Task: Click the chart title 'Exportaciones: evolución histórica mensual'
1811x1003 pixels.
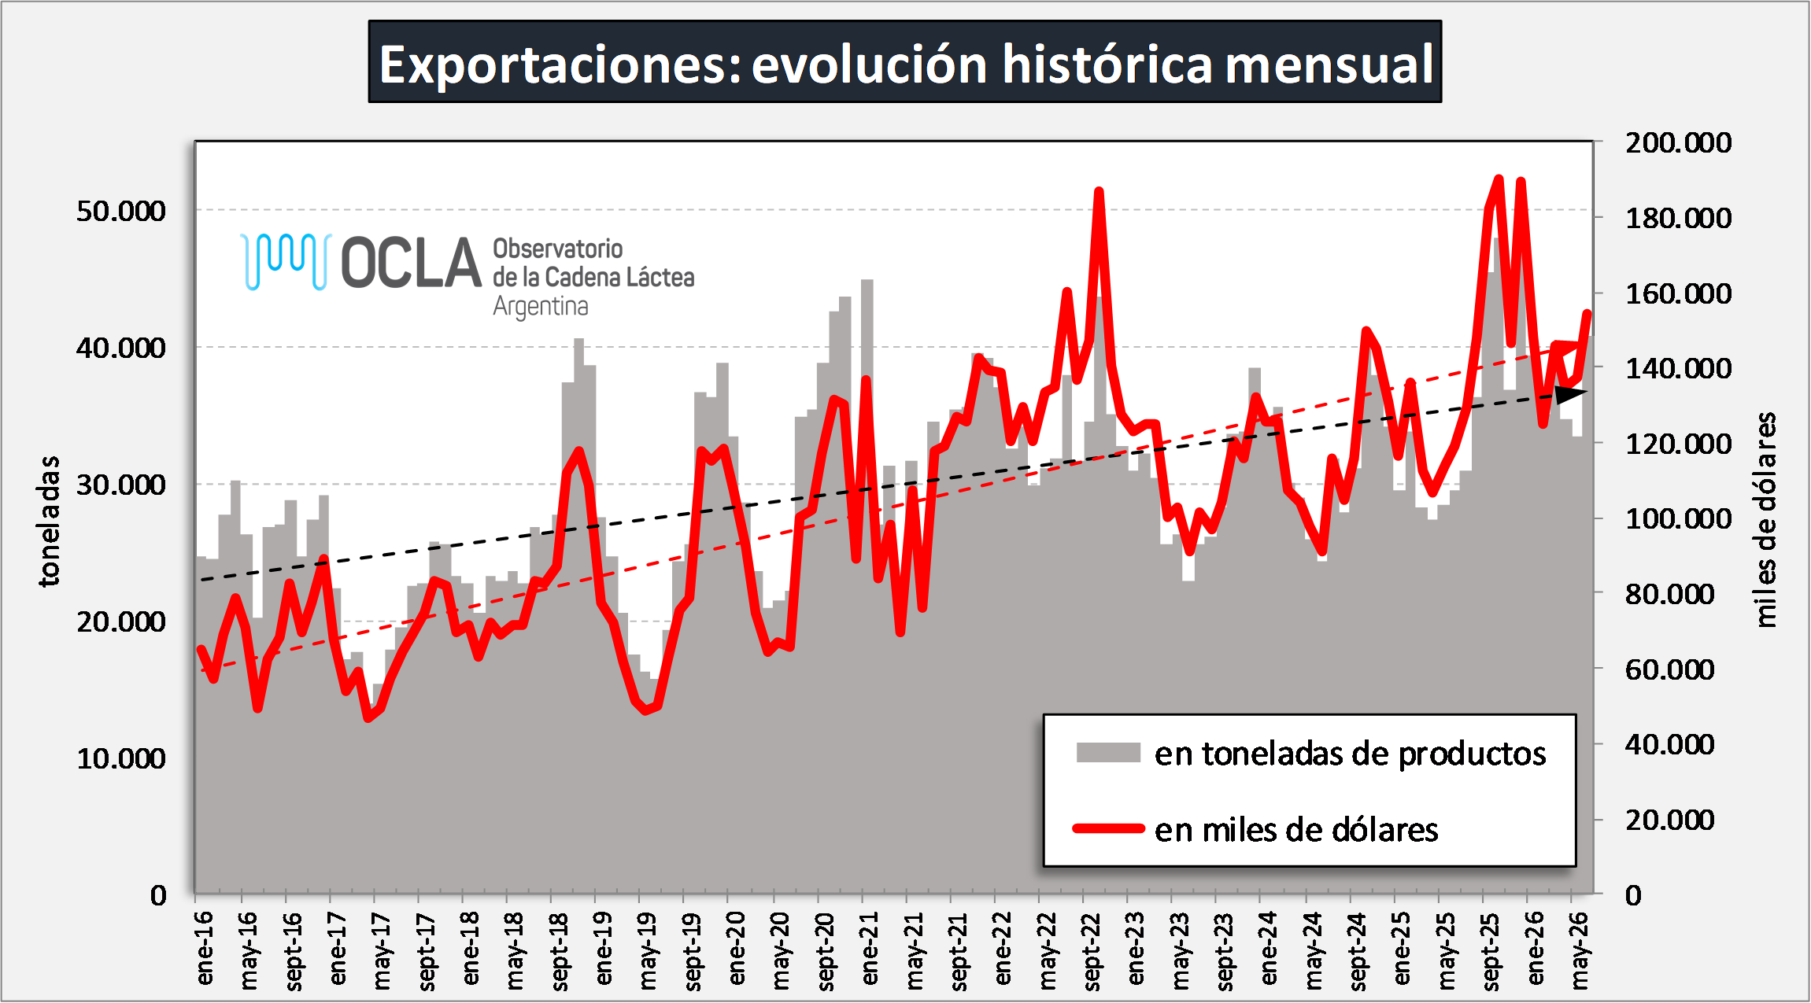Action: pos(905,63)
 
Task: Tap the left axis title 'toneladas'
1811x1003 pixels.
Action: pos(49,521)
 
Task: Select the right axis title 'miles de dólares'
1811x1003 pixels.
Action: pos(1765,519)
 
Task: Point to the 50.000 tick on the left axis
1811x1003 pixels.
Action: pos(121,211)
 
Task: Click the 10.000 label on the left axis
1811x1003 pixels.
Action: pos(121,758)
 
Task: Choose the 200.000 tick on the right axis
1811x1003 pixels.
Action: pos(1679,142)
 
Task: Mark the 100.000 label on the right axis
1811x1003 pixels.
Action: pos(1679,518)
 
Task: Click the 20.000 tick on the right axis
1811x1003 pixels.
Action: pos(1670,820)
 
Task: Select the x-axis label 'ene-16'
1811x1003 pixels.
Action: pos(204,948)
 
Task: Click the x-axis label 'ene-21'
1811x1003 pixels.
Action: pos(869,948)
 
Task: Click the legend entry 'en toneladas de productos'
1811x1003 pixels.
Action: pos(1350,754)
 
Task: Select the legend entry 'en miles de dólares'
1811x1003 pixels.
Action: pos(1296,830)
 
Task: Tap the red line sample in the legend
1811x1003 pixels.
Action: pos(1108,828)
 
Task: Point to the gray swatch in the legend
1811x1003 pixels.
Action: pos(1108,753)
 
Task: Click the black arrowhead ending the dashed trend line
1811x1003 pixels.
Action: pos(1571,394)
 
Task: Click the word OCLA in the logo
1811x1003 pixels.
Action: pos(411,263)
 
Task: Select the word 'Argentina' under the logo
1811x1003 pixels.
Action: pos(541,307)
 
